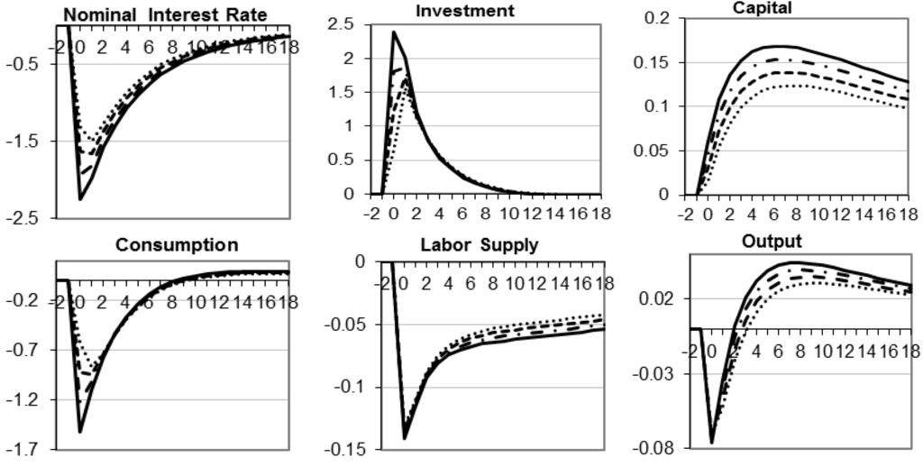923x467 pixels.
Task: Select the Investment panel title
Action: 464,10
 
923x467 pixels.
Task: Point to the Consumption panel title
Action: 177,244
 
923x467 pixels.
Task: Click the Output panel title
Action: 772,242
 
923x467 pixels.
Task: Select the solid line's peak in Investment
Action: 394,32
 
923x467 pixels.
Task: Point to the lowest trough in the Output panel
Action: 711,443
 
